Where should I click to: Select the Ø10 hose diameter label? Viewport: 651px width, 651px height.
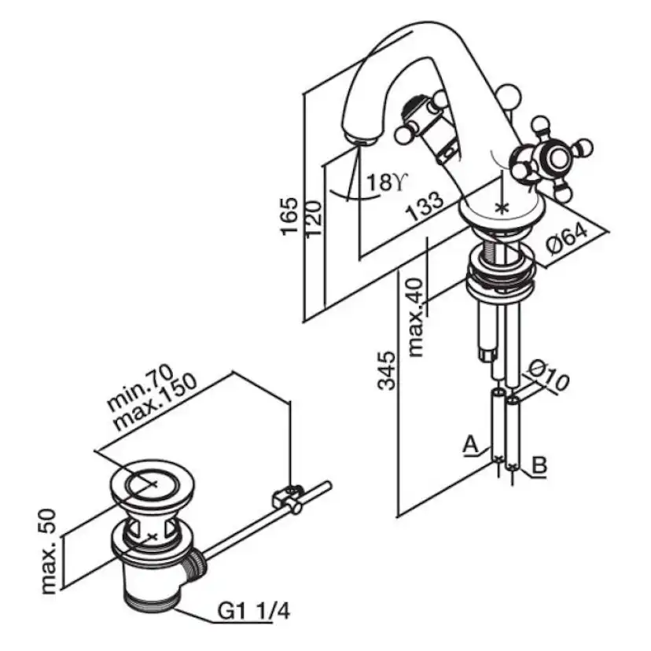coord(546,378)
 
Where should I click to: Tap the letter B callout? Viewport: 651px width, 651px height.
coord(539,465)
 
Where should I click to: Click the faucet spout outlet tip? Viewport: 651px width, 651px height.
coord(360,141)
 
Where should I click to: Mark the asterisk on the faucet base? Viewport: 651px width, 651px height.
coord(502,208)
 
